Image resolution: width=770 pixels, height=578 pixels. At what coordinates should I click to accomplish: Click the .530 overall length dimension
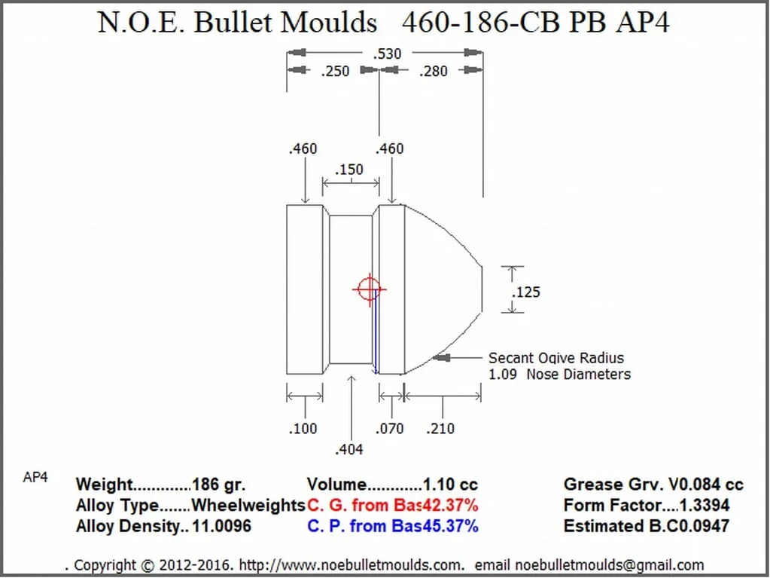click(387, 54)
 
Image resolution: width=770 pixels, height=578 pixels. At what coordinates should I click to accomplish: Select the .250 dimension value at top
click(335, 72)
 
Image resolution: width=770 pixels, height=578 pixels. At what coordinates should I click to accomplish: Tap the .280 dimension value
click(432, 72)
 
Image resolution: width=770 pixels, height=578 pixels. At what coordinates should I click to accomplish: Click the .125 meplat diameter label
click(525, 292)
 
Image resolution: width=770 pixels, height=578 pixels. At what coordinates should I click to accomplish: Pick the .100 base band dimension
click(303, 428)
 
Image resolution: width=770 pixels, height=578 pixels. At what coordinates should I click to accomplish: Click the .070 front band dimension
click(389, 428)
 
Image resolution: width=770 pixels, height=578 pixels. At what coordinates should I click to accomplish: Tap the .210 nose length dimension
click(440, 428)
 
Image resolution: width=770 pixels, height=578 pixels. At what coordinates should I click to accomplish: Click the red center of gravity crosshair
click(368, 289)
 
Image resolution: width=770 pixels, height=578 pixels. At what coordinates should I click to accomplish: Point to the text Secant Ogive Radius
click(556, 358)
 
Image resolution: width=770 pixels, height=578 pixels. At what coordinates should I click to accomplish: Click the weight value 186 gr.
click(219, 485)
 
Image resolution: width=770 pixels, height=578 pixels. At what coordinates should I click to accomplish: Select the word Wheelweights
click(248, 505)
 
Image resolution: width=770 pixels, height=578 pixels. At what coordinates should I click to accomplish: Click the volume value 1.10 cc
click(450, 485)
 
